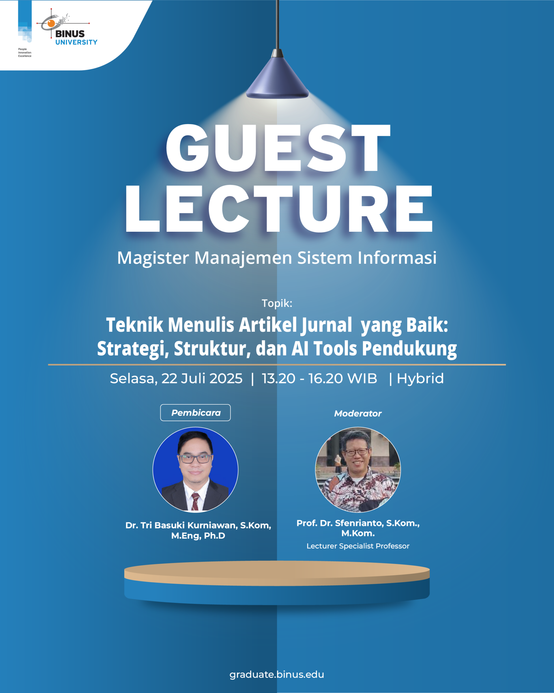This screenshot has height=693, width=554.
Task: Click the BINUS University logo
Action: tap(67, 27)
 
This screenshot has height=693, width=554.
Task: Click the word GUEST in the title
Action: tap(278, 148)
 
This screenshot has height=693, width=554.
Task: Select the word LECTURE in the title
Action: tap(279, 209)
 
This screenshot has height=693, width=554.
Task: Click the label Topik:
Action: tap(277, 303)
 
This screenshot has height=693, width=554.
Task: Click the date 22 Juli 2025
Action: tap(202, 379)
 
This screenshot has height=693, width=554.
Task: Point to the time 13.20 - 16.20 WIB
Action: tap(319, 379)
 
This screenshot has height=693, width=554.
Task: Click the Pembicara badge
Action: tap(195, 413)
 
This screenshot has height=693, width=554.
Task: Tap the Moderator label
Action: tap(358, 414)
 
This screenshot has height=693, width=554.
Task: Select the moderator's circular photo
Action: tap(358, 470)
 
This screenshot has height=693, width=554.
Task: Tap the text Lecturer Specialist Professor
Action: tap(358, 546)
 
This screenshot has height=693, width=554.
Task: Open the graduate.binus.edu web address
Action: tap(277, 674)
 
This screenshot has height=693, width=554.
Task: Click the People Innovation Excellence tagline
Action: tap(25, 53)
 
